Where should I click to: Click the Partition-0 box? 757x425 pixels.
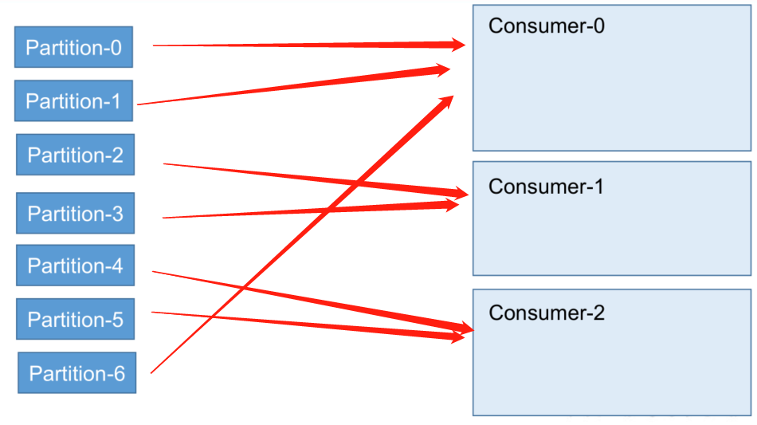[73, 47]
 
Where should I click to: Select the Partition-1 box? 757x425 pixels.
[73, 101]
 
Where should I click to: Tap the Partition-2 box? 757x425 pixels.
[75, 155]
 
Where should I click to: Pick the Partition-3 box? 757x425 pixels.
[75, 214]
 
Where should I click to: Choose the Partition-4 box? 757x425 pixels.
[75, 266]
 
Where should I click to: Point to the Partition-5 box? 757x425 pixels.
[75, 320]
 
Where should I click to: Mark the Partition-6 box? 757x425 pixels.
[76, 372]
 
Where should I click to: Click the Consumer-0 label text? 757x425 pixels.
[547, 26]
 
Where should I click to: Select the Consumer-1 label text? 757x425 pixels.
[547, 187]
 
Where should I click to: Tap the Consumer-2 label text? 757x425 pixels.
[547, 313]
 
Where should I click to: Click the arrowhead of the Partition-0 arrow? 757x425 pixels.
[461, 45]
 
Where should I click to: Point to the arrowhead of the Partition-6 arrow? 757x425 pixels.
[448, 99]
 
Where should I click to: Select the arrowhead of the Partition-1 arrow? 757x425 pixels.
[445, 69]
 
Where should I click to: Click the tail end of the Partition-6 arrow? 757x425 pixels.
[151, 372]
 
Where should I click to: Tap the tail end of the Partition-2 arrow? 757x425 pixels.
[164, 163]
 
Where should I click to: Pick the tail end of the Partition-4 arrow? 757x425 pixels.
[152, 272]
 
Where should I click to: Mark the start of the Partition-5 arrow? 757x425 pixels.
[152, 312]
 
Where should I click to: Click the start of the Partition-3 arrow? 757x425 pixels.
[163, 217]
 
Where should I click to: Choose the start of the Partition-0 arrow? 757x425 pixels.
[153, 45]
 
